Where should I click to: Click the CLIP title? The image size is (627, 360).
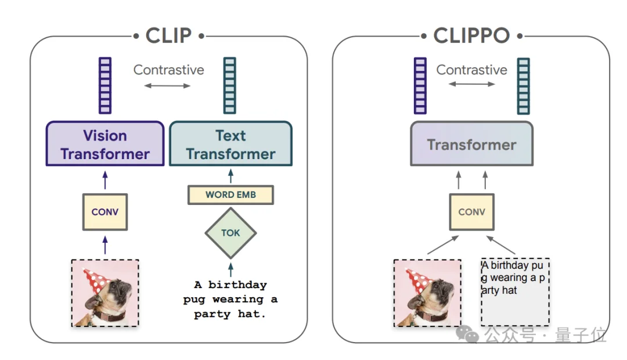coord(169,35)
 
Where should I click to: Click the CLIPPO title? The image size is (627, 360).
coord(471,35)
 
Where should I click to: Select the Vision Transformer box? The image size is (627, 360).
coord(105,143)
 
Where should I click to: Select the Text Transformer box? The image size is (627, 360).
coord(230,143)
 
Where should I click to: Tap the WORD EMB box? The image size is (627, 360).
coord(230,195)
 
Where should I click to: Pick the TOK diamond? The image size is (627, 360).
coord(230,233)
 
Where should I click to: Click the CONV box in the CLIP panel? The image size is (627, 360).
coord(105,212)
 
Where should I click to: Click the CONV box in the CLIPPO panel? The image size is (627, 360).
coord(472,212)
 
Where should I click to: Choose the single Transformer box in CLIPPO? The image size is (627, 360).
coord(472,143)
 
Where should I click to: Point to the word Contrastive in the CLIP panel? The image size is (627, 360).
coord(169,70)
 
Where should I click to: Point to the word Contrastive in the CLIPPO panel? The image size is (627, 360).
coord(472,70)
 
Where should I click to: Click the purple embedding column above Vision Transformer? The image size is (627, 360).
coord(105,85)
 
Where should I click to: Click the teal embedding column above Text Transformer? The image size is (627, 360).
coord(230,85)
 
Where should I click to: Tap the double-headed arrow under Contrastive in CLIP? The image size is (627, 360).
coord(167,85)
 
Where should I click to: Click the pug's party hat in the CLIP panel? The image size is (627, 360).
coord(96,280)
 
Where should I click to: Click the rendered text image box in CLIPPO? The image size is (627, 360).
coord(515,292)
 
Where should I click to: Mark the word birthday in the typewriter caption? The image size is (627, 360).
coord(237,285)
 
